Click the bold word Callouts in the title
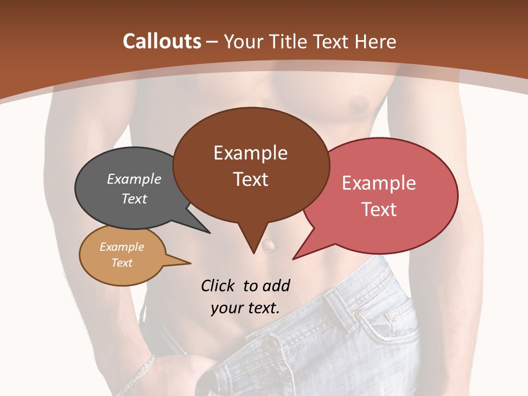click(x=162, y=41)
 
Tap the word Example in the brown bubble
click(x=250, y=153)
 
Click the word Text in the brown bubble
click(x=250, y=179)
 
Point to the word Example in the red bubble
click(x=379, y=183)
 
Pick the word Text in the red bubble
click(x=379, y=210)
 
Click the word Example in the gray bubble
click(x=134, y=179)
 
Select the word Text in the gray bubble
click(x=134, y=199)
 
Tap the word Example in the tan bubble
click(x=122, y=247)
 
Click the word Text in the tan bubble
click(x=122, y=263)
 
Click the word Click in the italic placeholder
click(x=218, y=285)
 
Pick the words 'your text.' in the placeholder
click(x=245, y=307)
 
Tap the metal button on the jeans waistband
click(x=269, y=345)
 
